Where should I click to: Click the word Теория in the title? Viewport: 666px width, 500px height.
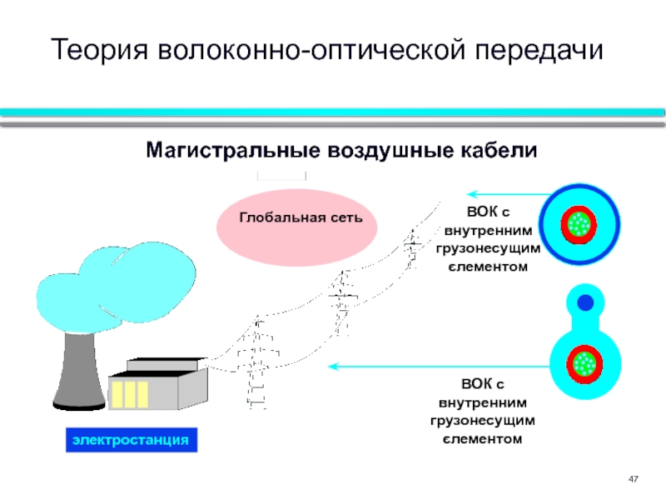(99, 50)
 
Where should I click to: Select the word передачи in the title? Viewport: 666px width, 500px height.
(539, 51)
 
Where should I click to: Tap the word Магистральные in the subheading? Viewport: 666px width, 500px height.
(233, 150)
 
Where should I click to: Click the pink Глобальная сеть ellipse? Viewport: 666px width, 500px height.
(297, 227)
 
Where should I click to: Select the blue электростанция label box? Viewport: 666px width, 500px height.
(132, 440)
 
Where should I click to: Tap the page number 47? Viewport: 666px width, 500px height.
(633, 479)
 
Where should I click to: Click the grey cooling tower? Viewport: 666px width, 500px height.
(79, 370)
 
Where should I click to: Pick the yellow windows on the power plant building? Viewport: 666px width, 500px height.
(130, 394)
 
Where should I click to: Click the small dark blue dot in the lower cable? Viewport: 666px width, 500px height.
(585, 302)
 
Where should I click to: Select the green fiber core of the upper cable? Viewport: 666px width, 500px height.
(579, 223)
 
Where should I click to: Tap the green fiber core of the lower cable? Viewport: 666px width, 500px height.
(584, 363)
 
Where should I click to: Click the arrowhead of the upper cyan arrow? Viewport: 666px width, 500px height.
(472, 194)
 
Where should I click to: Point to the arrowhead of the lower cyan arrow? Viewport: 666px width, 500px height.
(334, 366)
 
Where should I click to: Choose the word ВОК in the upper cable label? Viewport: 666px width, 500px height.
(482, 212)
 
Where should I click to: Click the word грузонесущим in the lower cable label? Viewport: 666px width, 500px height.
(483, 421)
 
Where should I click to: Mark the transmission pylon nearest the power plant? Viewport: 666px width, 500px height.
(257, 362)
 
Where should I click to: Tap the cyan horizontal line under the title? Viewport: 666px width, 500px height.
(332, 112)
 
